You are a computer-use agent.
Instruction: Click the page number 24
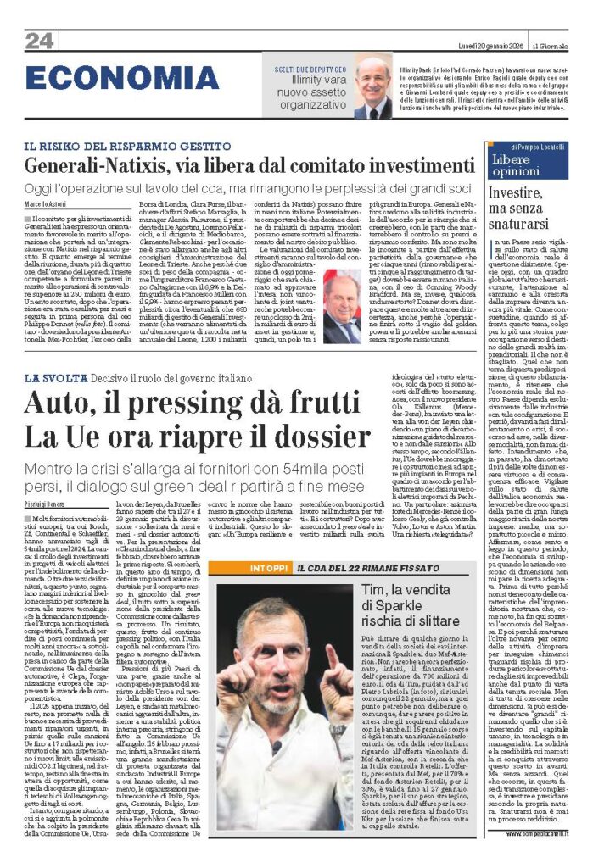tap(39, 40)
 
